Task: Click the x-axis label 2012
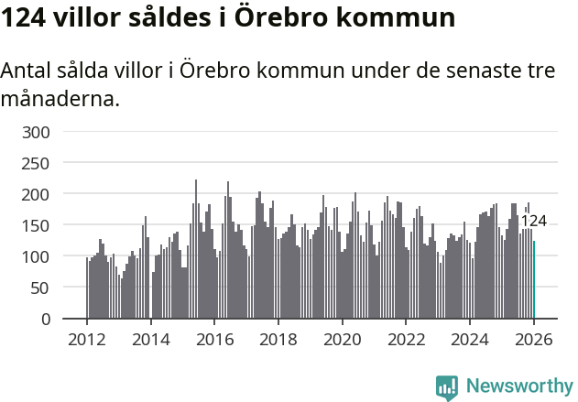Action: coord(87,340)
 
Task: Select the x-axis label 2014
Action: coord(151,340)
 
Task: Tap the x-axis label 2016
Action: coord(214,340)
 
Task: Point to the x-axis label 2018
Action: coord(278,340)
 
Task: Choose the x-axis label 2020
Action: coord(343,340)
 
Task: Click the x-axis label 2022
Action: coord(407,340)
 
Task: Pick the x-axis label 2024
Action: coord(470,340)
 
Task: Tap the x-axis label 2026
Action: coord(534,340)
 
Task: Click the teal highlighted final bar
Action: coord(534,280)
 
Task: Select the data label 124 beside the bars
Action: coord(533,221)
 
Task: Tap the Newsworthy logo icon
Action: coord(447,386)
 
